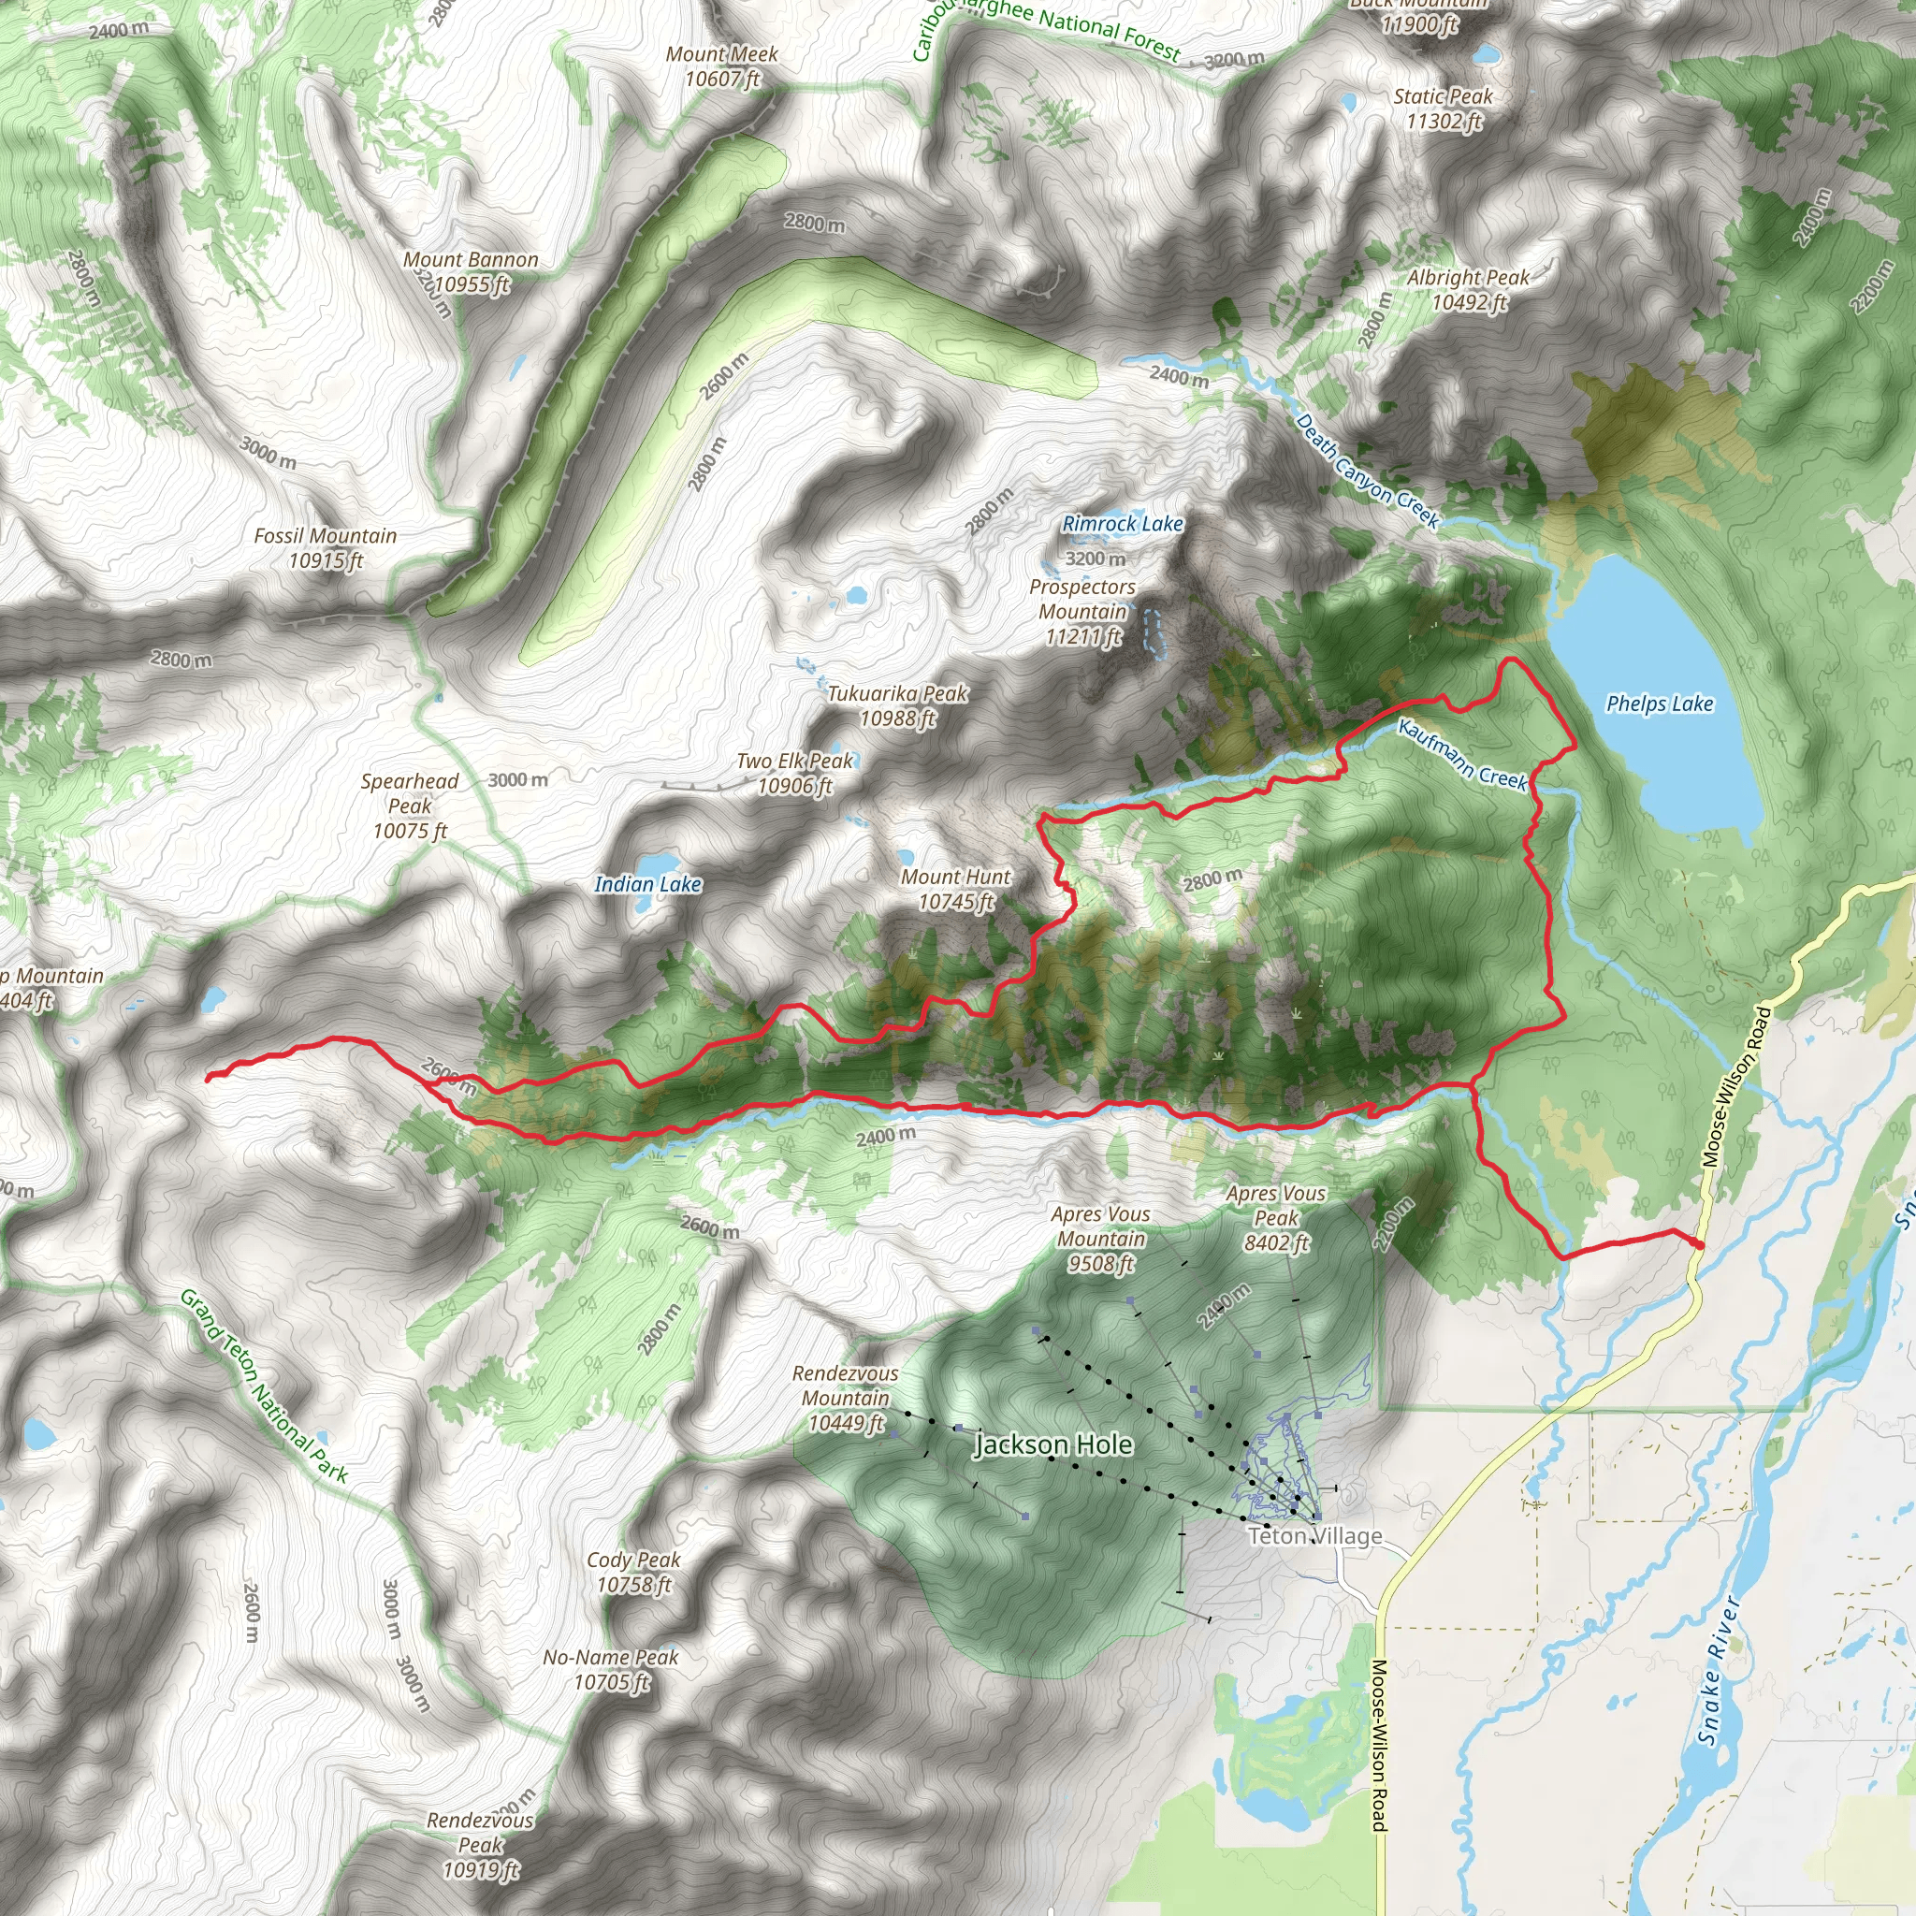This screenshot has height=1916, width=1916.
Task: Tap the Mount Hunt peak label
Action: tap(955, 890)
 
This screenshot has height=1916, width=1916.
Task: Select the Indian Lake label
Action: tap(647, 885)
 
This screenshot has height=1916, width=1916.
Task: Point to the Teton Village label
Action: tap(1314, 1536)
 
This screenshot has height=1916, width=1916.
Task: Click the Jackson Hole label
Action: tap(1053, 1444)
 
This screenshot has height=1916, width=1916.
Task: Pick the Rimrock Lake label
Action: tap(1123, 524)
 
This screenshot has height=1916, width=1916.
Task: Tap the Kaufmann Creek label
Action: tap(1462, 755)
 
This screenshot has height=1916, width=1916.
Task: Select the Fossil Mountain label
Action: tap(326, 548)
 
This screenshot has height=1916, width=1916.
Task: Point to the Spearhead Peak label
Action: tap(410, 806)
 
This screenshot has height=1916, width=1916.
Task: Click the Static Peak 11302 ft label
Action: tap(1443, 109)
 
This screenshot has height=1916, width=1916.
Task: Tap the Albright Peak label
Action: tap(1468, 290)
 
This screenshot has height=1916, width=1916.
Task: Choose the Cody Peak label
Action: tap(633, 1572)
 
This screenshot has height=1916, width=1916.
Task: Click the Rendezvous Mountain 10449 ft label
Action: tap(845, 1399)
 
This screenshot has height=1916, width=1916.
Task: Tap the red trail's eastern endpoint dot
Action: tap(1698, 1243)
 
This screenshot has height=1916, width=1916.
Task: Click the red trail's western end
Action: tap(209, 1077)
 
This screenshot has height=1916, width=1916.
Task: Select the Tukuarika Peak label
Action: tap(897, 706)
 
